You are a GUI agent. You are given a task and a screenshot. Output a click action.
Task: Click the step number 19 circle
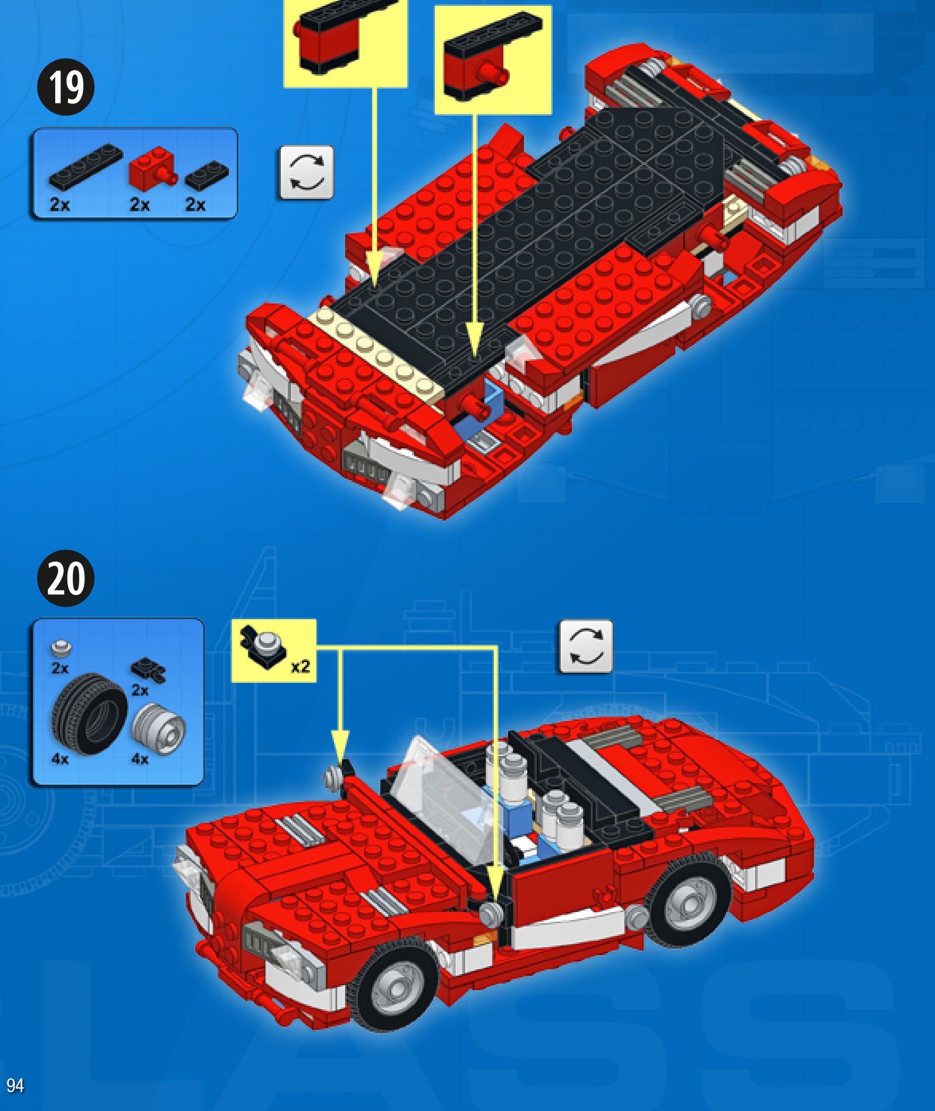point(66,87)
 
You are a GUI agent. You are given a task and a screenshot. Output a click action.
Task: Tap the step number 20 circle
point(66,578)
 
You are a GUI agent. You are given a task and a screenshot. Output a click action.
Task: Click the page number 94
point(15,1085)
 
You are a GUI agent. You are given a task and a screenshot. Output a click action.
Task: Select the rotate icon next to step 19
point(306,172)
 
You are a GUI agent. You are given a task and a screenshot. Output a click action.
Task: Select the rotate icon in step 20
point(586,646)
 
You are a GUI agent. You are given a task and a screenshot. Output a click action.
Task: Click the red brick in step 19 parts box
point(152,169)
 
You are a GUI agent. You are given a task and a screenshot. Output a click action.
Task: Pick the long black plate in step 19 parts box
point(85,167)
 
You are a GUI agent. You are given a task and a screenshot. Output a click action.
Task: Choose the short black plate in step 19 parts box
point(207,176)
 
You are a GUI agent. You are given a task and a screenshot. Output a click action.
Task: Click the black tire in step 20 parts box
point(89,714)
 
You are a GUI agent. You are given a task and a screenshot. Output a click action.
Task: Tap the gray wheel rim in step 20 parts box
point(158,728)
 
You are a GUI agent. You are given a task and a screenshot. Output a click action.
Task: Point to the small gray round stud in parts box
point(61,648)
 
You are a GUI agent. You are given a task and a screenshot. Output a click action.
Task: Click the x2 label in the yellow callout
point(301,666)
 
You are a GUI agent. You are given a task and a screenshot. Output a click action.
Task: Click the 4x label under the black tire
point(60,759)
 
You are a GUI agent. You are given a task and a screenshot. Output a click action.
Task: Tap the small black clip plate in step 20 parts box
point(149,670)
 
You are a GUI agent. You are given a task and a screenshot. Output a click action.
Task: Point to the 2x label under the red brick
point(140,204)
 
